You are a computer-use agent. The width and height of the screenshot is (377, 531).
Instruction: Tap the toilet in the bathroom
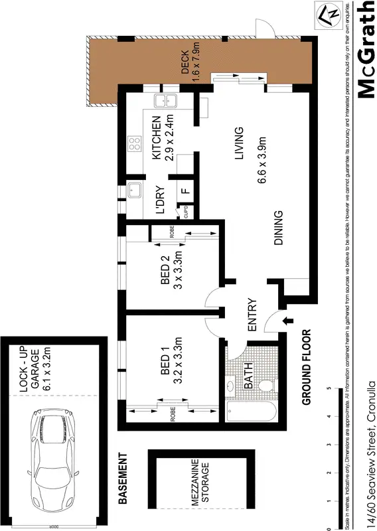point(268,384)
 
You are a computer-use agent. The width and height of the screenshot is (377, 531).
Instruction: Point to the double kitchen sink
point(163,101)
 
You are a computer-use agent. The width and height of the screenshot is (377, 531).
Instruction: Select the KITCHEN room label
point(157,138)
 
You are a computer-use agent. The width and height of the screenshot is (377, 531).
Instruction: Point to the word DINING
point(279,228)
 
